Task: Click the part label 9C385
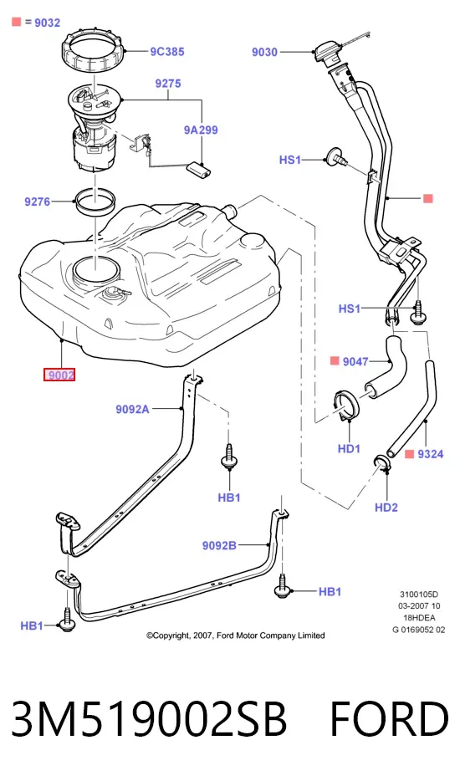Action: click(167, 51)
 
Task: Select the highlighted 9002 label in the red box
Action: click(59, 375)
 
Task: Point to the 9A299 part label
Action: click(201, 130)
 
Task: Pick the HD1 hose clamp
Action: click(347, 406)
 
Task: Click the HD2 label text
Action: click(386, 508)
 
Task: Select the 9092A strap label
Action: click(133, 410)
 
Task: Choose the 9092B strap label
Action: click(219, 545)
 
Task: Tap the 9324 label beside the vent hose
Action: click(431, 454)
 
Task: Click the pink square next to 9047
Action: click(335, 360)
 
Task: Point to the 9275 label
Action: click(168, 83)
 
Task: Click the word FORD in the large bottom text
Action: click(390, 719)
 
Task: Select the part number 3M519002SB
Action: click(149, 719)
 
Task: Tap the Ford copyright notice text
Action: click(235, 636)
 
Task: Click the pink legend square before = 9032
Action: click(17, 22)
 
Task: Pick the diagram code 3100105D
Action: click(419, 595)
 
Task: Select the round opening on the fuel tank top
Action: click(96, 269)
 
